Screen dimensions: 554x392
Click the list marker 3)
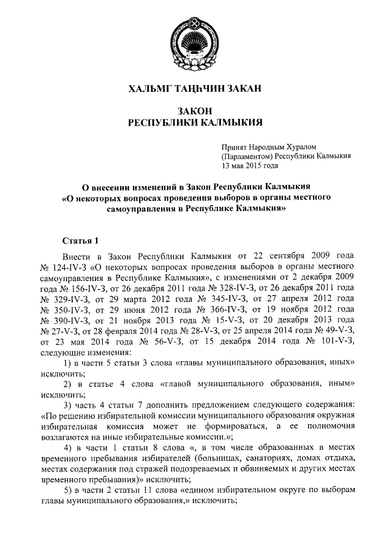[69, 406]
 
